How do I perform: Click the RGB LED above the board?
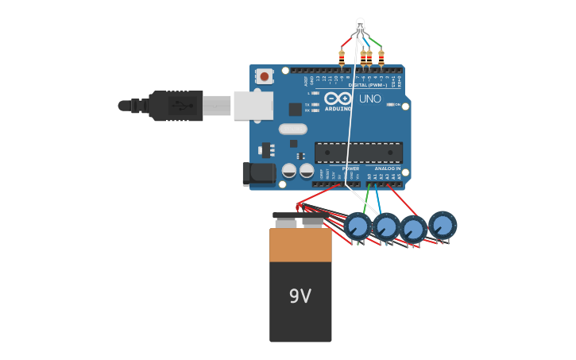point(360,25)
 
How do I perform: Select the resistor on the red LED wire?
point(342,57)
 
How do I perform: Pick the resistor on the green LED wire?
point(381,57)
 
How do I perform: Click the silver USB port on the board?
point(253,105)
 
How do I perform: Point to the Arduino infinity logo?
point(338,99)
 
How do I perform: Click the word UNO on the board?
point(370,99)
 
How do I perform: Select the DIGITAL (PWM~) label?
point(368,85)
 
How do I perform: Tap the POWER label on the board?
point(350,168)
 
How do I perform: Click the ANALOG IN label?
point(388,168)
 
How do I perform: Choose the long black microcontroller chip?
point(358,152)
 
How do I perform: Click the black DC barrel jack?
point(259,173)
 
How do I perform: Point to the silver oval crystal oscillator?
point(292,129)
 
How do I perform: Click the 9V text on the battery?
point(300,296)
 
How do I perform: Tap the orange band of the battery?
point(300,245)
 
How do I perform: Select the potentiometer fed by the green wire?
point(358,226)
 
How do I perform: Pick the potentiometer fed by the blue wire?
point(386,227)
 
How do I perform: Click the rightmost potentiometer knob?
point(443,225)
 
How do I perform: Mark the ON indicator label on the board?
point(396,104)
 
